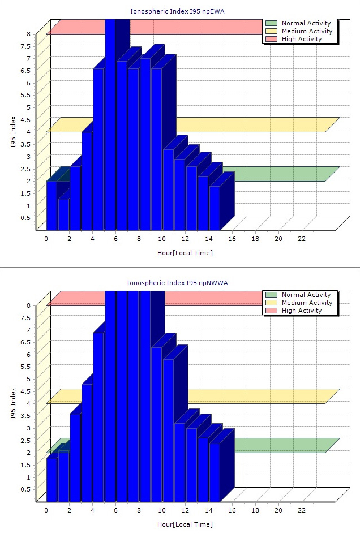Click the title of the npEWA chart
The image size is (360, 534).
click(180, 11)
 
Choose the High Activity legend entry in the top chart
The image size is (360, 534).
click(302, 39)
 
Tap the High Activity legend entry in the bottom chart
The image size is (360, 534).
click(302, 311)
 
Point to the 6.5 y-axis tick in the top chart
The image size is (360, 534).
click(25, 70)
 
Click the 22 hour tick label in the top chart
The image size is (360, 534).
click(302, 239)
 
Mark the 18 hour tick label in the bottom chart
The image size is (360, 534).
click(255, 510)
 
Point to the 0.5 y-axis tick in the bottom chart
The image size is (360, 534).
click(25, 489)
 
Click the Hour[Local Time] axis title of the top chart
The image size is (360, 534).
click(185, 253)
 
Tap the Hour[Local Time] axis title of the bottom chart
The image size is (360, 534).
click(185, 524)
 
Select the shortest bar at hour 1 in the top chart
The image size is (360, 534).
click(63, 214)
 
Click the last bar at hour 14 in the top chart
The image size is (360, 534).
click(215, 208)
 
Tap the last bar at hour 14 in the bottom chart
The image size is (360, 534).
click(215, 472)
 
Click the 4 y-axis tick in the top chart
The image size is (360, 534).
click(28, 132)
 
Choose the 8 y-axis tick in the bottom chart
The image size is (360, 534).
click(28, 305)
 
